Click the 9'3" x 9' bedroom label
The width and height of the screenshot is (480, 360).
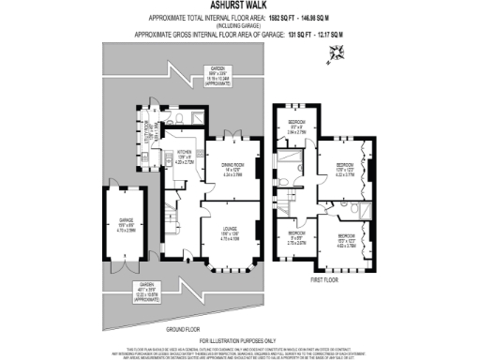click(x=296, y=127)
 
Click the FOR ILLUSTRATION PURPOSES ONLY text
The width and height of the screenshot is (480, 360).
click(x=240, y=340)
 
